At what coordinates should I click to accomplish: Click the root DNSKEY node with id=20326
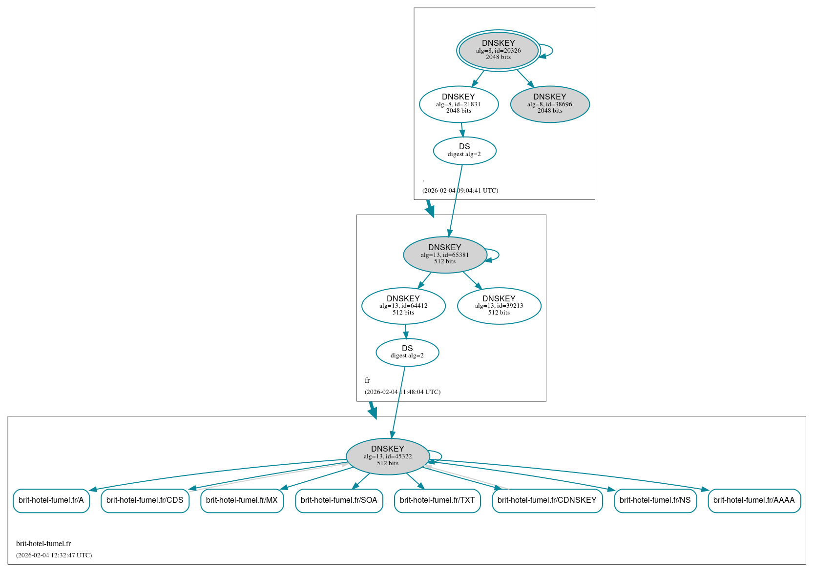point(498,50)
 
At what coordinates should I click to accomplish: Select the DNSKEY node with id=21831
point(459,104)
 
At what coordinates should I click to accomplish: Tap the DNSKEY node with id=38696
point(550,104)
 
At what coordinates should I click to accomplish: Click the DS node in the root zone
point(464,150)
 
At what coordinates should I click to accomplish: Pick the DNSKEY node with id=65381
point(444,255)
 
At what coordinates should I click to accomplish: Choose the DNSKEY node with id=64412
point(403,306)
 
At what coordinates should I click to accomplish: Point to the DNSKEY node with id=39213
point(499,306)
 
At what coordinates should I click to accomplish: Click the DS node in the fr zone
point(407,352)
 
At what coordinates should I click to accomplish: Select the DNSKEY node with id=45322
point(388,456)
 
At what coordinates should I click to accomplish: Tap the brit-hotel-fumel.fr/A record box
point(51,500)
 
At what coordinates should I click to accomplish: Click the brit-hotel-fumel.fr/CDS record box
point(145,500)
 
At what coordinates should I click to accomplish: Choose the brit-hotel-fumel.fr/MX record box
point(242,500)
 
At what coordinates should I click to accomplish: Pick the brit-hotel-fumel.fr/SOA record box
point(339,500)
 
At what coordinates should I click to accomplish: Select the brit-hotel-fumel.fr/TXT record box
point(437,500)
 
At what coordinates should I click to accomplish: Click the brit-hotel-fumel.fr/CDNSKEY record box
point(547,500)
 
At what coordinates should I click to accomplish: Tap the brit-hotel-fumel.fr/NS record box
point(655,500)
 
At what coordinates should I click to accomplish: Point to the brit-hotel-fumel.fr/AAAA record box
point(754,500)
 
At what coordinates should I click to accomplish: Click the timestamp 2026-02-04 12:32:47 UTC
point(54,555)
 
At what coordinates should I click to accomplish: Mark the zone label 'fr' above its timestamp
point(367,380)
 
